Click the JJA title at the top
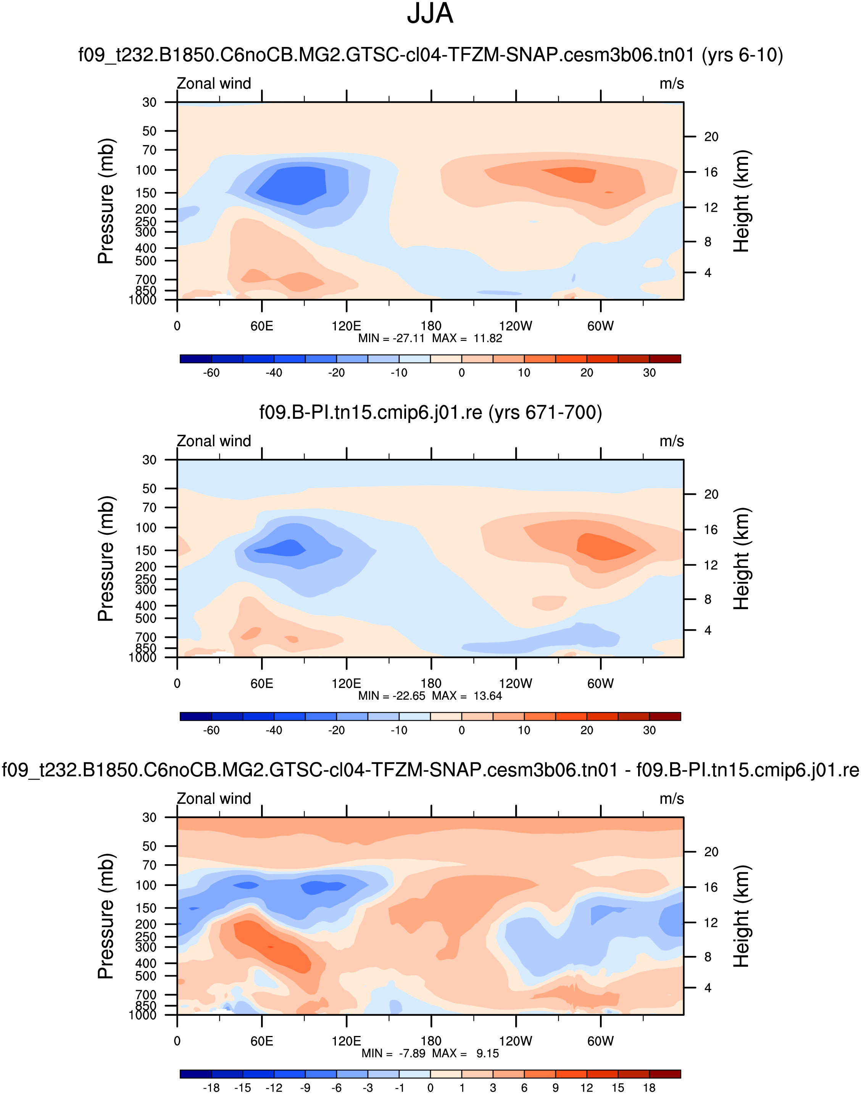click(430, 14)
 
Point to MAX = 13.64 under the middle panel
click(467, 696)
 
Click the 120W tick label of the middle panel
click(516, 683)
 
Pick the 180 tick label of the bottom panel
click(431, 1041)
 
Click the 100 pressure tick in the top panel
click(146, 170)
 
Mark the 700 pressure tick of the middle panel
click(146, 637)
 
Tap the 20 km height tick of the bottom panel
click(711, 852)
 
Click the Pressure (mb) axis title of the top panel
click(106, 201)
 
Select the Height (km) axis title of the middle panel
click(742, 558)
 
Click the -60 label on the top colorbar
click(211, 373)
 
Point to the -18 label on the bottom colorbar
click(211, 1088)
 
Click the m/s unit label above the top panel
click(671, 84)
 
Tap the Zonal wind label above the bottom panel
click(214, 799)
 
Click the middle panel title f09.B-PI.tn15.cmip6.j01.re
click(430, 412)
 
